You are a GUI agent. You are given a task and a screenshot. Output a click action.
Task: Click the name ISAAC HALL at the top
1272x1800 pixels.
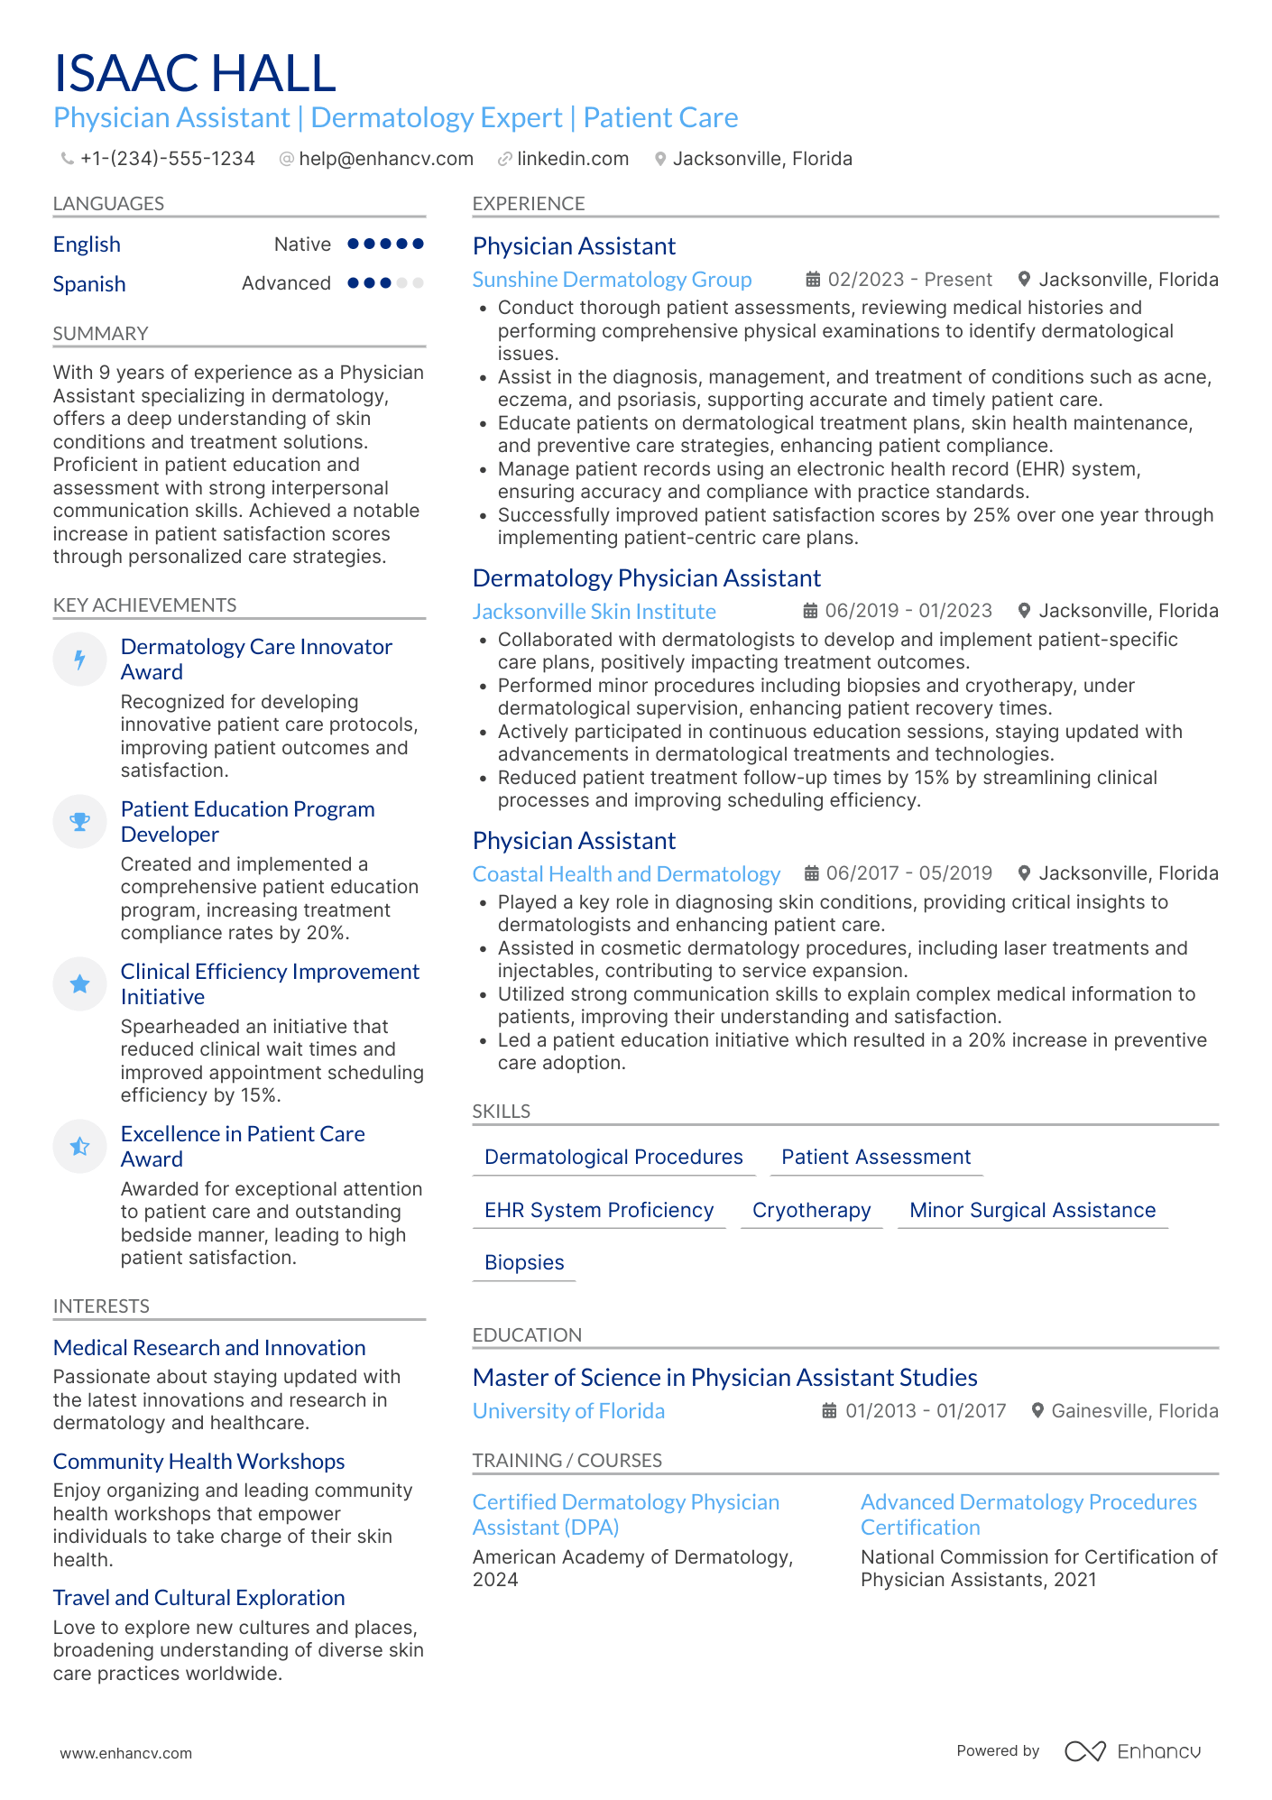point(195,73)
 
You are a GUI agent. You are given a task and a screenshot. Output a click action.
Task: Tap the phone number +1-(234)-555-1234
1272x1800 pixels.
point(167,159)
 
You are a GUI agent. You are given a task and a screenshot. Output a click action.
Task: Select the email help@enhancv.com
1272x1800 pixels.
point(385,159)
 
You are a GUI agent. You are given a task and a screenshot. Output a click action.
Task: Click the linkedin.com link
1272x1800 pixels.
point(572,159)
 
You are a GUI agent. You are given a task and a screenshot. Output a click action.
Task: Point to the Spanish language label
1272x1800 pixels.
point(89,284)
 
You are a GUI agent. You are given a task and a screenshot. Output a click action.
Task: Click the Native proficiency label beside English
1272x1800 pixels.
point(302,245)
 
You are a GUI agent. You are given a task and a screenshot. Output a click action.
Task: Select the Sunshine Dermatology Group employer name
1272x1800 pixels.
point(612,280)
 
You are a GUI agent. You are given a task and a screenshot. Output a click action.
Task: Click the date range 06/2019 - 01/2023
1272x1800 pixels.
point(908,611)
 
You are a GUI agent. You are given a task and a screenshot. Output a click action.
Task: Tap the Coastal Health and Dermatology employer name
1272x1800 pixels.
point(626,874)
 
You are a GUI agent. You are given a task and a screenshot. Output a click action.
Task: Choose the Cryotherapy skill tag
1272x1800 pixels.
point(811,1210)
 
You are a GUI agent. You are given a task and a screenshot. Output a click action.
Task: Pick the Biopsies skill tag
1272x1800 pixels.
point(524,1262)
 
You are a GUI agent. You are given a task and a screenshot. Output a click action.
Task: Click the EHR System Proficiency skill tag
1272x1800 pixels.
point(599,1210)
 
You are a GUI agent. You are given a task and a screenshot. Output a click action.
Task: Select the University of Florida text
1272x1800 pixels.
point(568,1411)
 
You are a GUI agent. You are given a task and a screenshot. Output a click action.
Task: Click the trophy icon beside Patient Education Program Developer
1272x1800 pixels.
point(80,821)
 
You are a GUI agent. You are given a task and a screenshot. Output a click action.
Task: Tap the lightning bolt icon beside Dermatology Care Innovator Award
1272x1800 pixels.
point(80,660)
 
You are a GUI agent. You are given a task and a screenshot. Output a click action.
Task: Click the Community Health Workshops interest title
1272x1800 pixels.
point(198,1462)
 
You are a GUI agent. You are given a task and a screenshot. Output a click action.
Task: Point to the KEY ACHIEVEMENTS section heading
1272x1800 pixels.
point(144,605)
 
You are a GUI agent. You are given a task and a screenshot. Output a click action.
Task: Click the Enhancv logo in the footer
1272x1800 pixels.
point(1132,1751)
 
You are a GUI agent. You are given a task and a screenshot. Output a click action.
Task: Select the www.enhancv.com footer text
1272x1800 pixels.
point(126,1753)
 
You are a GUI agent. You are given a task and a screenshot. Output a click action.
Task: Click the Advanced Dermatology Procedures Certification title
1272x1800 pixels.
point(1028,1515)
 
